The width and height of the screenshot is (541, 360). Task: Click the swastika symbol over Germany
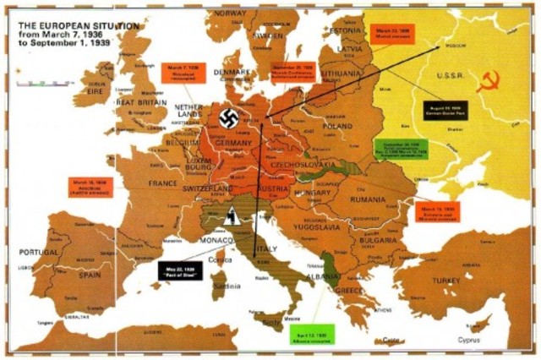point(227,118)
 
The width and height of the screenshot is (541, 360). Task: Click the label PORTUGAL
point(39,252)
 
